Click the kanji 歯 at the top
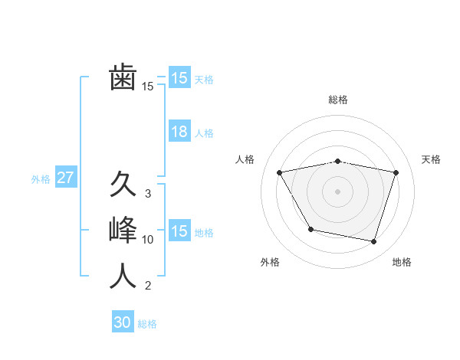pos(123,78)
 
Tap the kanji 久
pos(123,185)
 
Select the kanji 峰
pos(123,231)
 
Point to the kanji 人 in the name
pos(123,276)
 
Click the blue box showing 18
pos(179,132)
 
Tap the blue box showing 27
pos(66,178)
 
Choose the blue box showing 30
pos(123,322)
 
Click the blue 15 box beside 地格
pos(179,231)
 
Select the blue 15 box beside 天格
pos(179,78)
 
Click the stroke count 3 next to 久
pos(148,194)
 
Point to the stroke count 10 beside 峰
pos(148,240)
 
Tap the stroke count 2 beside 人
pos(148,286)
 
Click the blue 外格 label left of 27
pos(41,179)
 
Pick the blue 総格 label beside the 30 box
pos(147,324)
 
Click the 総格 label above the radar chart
pos(338,100)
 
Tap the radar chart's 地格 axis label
pos(402,262)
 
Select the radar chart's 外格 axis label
pos(270,262)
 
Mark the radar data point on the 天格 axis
pos(396,172)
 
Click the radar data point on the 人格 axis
pos(280,173)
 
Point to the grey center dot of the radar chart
pos(338,191)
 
